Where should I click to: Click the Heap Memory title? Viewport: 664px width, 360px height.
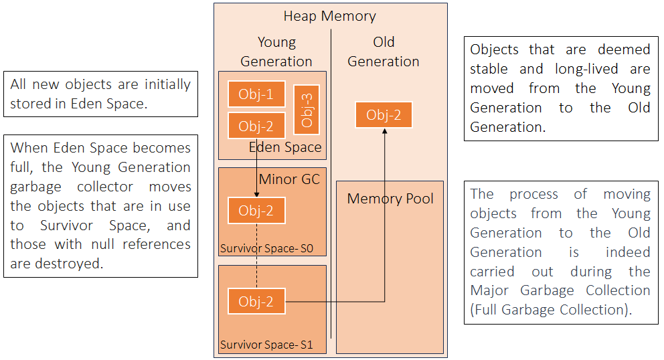(329, 16)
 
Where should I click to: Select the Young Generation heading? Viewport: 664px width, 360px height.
(276, 52)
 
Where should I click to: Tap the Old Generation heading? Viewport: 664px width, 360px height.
(384, 52)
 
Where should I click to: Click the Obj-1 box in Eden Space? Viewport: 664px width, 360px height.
(256, 94)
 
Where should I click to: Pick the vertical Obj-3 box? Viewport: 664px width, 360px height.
(307, 110)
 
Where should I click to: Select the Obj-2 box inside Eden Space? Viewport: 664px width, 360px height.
(256, 125)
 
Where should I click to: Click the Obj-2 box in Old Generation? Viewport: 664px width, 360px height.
(384, 115)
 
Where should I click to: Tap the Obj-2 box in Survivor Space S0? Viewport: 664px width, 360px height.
(256, 211)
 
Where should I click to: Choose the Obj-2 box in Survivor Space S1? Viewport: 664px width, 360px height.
(256, 301)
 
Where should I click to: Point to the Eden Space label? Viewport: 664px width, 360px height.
(285, 147)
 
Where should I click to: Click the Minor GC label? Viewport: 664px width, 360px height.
(289, 179)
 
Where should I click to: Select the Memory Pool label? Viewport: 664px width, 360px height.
(390, 199)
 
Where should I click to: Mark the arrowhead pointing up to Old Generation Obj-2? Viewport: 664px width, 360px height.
(384, 132)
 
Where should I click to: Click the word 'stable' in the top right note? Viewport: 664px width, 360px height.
(493, 69)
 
